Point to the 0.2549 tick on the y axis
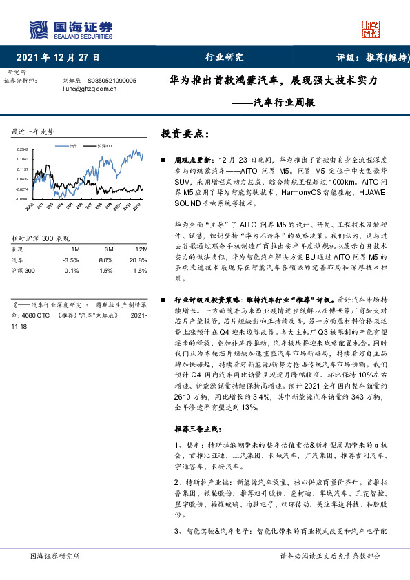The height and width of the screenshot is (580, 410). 23,149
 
